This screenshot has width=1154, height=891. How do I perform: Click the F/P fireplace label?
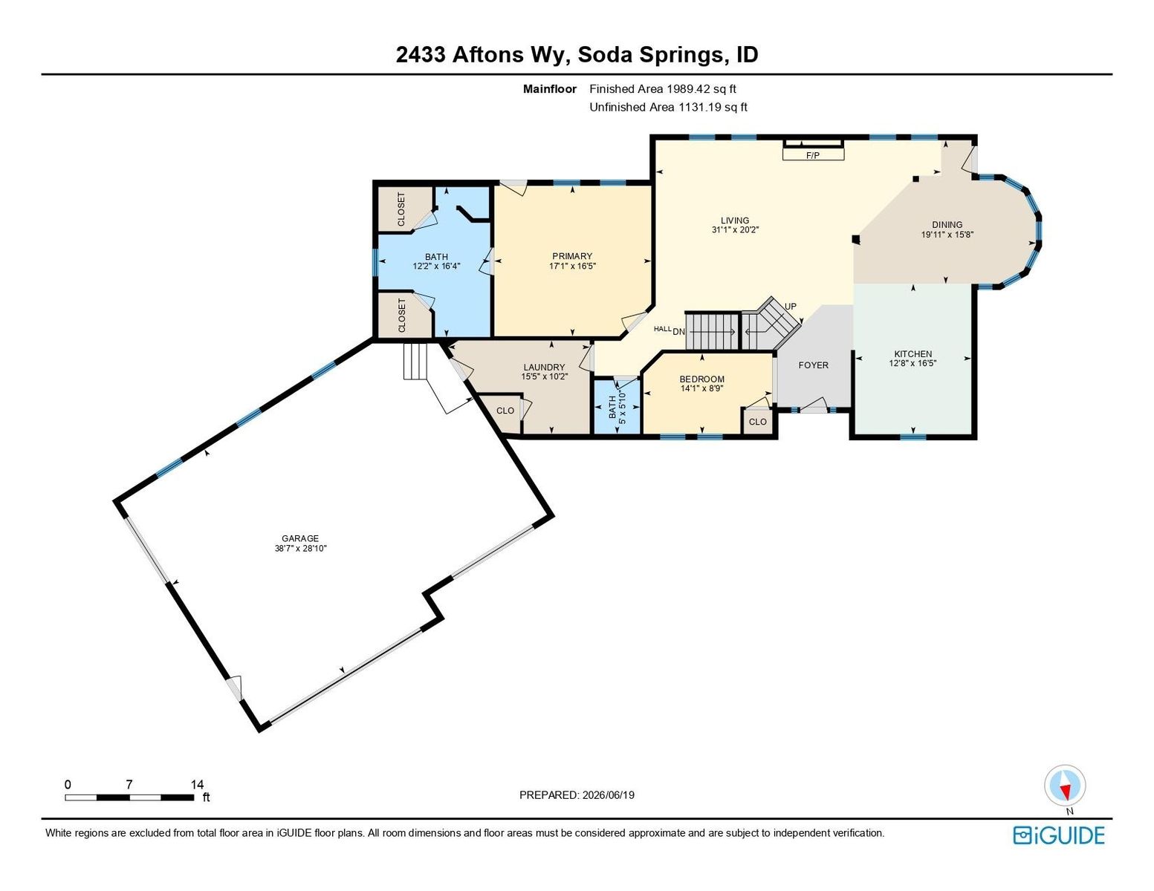tap(812, 155)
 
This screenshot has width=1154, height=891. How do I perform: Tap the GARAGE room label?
tap(300, 538)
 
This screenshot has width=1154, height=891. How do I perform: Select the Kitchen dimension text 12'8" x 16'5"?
tap(913, 364)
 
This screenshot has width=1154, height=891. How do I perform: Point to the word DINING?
tap(947, 224)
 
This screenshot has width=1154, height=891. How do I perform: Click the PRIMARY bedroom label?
tap(572, 256)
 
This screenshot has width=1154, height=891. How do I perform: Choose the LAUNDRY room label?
tap(545, 368)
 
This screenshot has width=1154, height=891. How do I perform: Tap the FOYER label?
tap(813, 365)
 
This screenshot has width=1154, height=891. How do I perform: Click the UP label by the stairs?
tap(790, 306)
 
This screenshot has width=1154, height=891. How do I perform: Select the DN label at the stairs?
tap(678, 332)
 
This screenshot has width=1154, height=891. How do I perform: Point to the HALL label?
tap(663, 329)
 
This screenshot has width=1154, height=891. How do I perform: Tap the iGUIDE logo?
tap(1059, 835)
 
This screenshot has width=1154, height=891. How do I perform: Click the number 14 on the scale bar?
tap(197, 784)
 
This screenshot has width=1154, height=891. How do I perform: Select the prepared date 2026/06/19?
tap(608, 795)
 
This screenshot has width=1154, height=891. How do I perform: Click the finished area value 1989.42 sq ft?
tap(701, 89)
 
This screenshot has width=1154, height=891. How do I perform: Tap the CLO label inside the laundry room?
tap(505, 411)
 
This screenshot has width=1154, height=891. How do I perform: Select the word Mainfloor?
tap(550, 89)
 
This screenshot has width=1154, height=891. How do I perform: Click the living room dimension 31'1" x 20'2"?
tap(735, 229)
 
